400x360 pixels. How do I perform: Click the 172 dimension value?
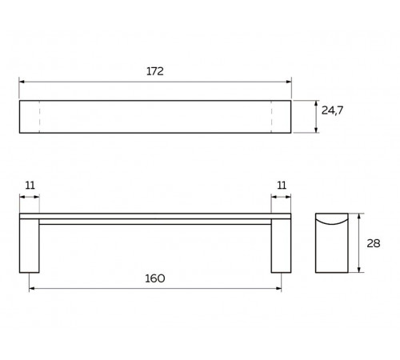[155, 71]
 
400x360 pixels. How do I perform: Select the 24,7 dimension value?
[332, 110]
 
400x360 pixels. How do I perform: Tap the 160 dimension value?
[155, 278]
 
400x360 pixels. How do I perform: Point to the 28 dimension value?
[374, 243]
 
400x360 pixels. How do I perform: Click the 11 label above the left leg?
[30, 186]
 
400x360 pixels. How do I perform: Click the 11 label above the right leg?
[282, 186]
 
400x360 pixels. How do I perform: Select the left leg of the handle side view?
[30, 246]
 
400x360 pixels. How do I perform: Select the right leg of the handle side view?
[281, 246]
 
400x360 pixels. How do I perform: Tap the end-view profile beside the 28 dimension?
[332, 243]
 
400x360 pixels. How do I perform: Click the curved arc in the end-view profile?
[332, 223]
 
